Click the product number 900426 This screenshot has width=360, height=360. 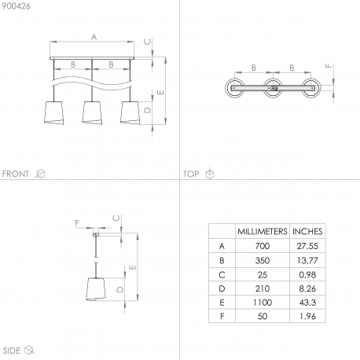(17, 6)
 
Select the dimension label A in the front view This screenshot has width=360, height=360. (94, 37)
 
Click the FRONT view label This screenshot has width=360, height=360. (16, 174)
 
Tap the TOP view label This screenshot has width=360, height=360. (191, 174)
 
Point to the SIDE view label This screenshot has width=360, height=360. (12, 351)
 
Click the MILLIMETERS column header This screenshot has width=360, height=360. (263, 231)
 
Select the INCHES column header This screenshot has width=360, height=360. (307, 231)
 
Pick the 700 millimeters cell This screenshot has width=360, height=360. (263, 246)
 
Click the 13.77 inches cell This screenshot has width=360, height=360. (307, 260)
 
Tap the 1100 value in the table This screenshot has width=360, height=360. (263, 303)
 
